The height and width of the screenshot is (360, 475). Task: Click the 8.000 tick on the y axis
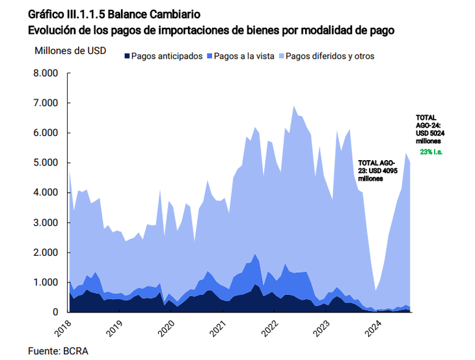[46, 73]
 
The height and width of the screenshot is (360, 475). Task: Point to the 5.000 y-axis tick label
[46, 163]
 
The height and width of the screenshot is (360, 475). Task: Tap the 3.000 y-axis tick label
[46, 223]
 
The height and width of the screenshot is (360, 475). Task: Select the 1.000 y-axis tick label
[46, 283]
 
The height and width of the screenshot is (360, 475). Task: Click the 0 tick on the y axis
[55, 312]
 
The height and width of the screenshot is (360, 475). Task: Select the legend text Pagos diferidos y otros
[329, 57]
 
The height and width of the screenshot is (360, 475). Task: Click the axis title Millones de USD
[70, 51]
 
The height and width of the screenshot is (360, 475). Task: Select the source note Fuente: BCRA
[58, 351]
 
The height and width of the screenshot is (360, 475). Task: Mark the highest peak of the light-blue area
[294, 106]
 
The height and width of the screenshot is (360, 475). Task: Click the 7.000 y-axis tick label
[46, 103]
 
